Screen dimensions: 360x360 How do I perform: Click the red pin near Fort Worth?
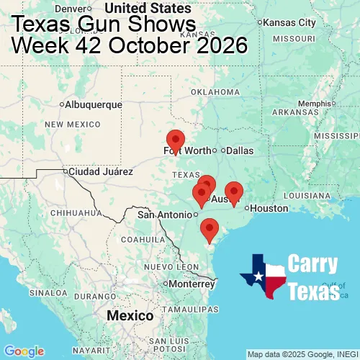click(x=175, y=141)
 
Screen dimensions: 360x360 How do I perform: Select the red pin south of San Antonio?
click(x=210, y=229)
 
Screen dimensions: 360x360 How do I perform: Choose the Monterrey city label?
click(x=192, y=284)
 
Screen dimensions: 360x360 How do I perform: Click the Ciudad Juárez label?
click(x=99, y=171)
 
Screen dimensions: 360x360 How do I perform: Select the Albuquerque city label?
click(x=93, y=104)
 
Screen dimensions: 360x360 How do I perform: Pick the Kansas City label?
click(x=290, y=22)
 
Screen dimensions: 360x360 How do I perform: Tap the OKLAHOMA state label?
click(x=215, y=92)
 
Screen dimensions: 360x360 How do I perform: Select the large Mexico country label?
click(x=130, y=316)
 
